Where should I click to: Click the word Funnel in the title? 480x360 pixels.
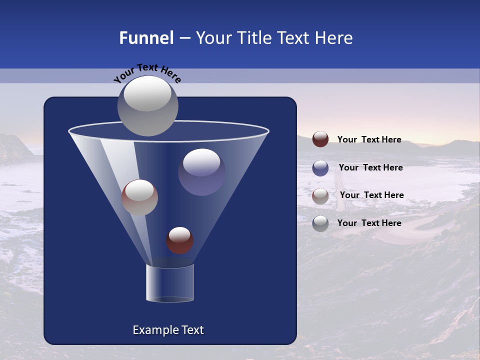pos(146,38)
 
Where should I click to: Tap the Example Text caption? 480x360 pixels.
pos(168,330)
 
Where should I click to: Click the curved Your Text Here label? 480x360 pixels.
pos(147,72)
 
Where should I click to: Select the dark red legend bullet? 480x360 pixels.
pos(320,139)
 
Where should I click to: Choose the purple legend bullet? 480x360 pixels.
pos(320,168)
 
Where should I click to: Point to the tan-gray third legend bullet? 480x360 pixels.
pos(320,196)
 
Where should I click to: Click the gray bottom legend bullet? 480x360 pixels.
pos(320,223)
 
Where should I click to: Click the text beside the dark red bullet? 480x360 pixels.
pos(369,140)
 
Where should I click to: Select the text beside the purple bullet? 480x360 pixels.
pos(370,168)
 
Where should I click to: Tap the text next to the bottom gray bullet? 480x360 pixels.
pos(369,223)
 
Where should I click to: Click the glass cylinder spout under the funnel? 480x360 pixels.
pos(170,283)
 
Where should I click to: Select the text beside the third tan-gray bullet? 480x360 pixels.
pos(371,195)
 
